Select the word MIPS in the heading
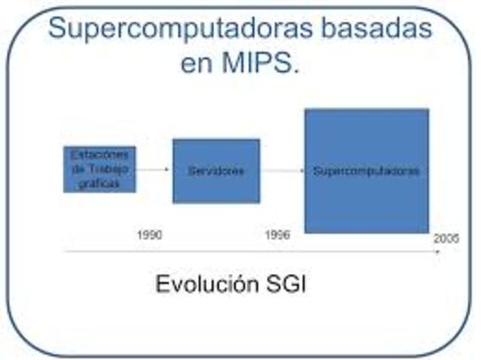pos(260,63)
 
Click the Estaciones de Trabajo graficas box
pos(99,169)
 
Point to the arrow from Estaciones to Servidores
pos(154,170)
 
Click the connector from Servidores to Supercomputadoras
pos(282,171)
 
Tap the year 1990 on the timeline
pos(149,234)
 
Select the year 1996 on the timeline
pos(277,234)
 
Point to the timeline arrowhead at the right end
pos(438,253)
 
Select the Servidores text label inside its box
pos(216,171)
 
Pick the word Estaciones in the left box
pos(99,155)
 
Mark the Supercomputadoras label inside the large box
pos(366,171)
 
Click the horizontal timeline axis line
pos(248,253)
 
